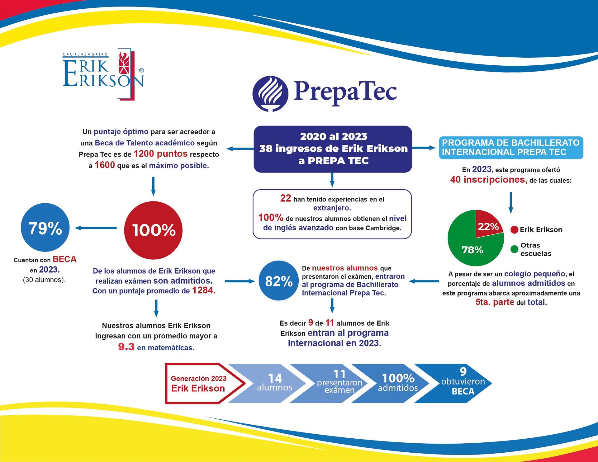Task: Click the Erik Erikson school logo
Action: coord(103,74)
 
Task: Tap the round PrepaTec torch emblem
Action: coord(270,93)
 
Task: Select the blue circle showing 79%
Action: coord(45,228)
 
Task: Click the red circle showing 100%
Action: coord(153,230)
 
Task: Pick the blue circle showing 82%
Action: coord(279,280)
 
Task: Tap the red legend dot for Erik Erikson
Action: coord(514,230)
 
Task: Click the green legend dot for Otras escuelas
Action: coord(514,249)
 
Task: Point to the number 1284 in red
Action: coord(204,290)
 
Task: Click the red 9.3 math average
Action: coord(126,346)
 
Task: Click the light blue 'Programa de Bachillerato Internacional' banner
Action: coord(511,148)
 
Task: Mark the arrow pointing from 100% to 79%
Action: coord(96,228)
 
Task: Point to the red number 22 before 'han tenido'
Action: coord(285,198)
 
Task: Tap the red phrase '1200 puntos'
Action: coord(160,153)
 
